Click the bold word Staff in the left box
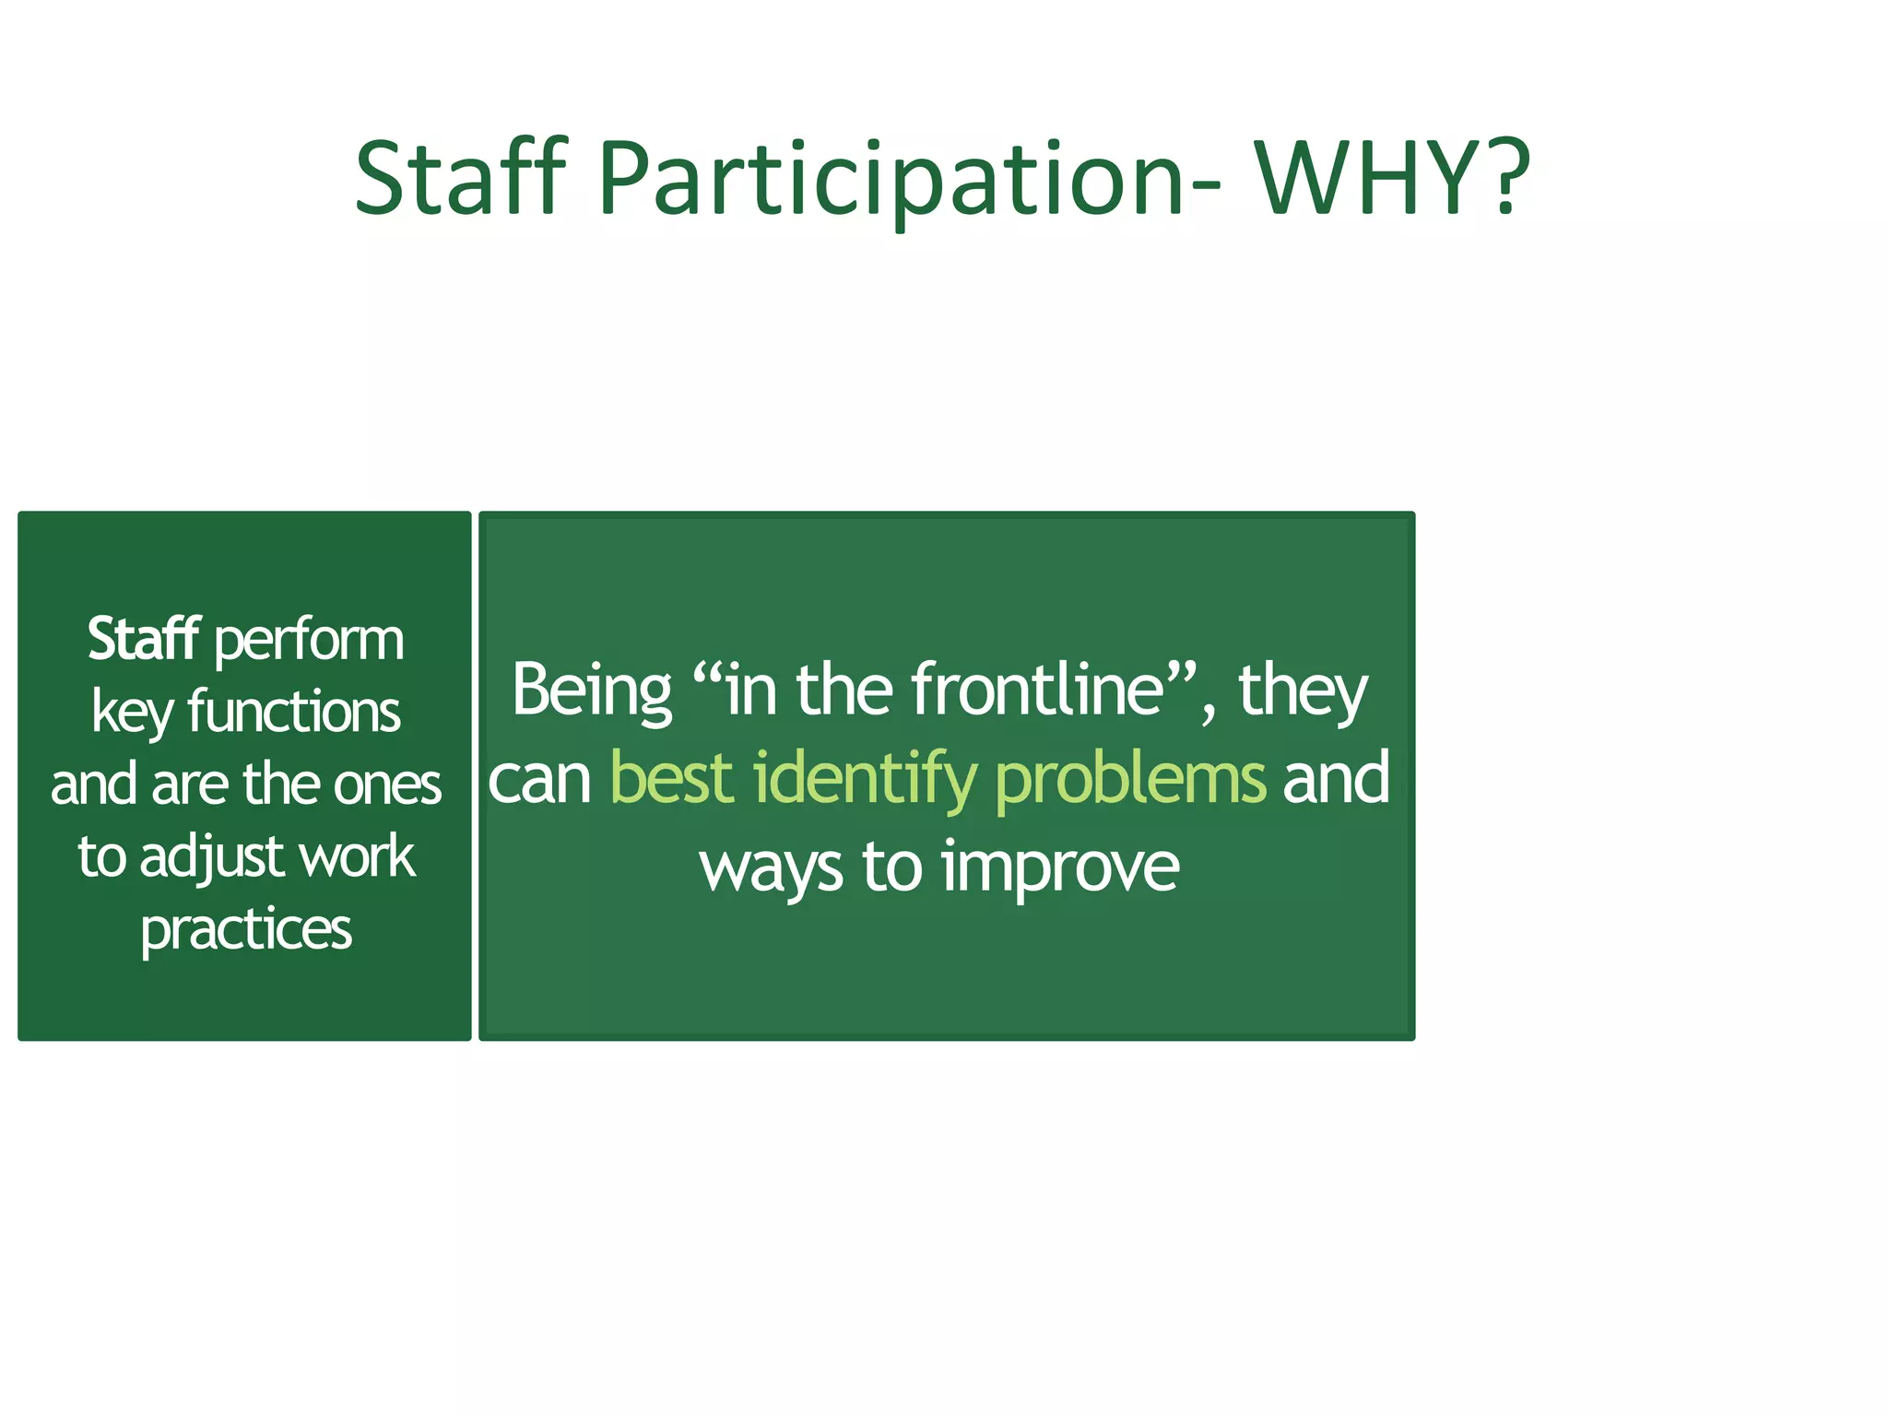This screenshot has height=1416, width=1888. (143, 639)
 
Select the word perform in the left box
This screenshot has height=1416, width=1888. (309, 641)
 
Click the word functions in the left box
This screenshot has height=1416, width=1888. (293, 713)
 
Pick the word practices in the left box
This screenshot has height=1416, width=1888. (246, 930)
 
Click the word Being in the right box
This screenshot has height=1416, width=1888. (592, 690)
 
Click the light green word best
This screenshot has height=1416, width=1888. (671, 778)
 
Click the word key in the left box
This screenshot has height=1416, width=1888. (132, 714)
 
